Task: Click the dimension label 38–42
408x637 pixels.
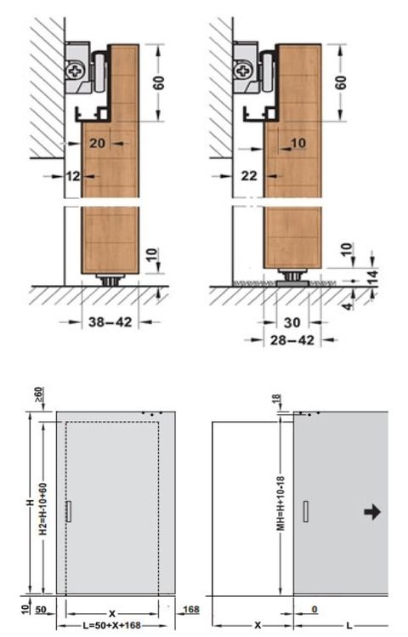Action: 110,321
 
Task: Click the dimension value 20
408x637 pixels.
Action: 97,144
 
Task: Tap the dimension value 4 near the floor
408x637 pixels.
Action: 351,300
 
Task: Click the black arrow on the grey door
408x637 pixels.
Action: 372,511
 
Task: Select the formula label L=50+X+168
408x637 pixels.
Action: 114,625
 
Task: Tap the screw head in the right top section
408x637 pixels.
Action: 241,67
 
